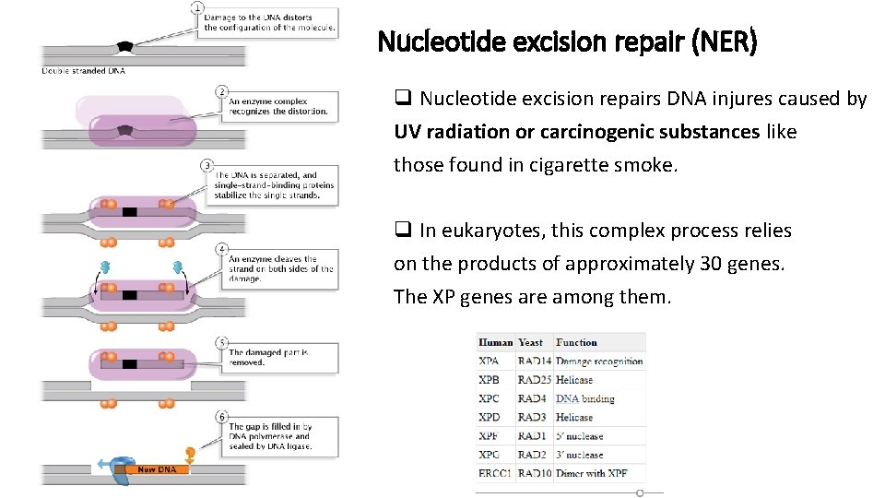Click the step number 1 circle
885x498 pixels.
coord(197,8)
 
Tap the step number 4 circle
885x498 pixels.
coord(222,250)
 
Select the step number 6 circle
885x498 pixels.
coord(222,417)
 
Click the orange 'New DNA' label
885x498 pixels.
coord(157,469)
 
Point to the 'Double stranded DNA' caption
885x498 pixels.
coord(84,70)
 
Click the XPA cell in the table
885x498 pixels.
coord(490,362)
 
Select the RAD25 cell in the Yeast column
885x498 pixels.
coord(534,380)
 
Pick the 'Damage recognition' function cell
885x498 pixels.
coord(599,362)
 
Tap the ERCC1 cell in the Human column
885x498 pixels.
coord(495,473)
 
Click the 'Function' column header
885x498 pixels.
coord(577,342)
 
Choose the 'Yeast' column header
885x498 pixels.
coord(531,342)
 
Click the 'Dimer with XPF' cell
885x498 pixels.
coord(594,473)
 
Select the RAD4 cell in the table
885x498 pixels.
coord(532,398)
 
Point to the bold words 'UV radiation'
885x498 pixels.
coord(451,132)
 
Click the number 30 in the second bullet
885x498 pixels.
coord(711,264)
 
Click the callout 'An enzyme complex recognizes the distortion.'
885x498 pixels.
coord(278,106)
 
